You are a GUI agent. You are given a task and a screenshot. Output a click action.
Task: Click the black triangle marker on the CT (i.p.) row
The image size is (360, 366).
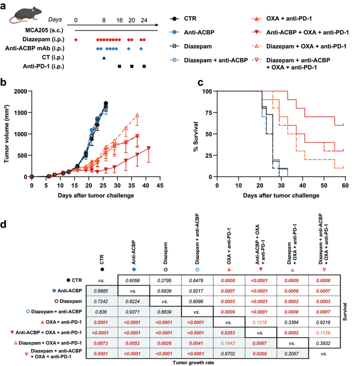pyautogui.click(x=104, y=58)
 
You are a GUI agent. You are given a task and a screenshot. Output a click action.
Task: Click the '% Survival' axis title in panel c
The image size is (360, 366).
pyautogui.click(x=197, y=134)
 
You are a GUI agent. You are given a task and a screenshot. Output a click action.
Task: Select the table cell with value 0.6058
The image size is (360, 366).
pyautogui.click(x=134, y=280)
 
